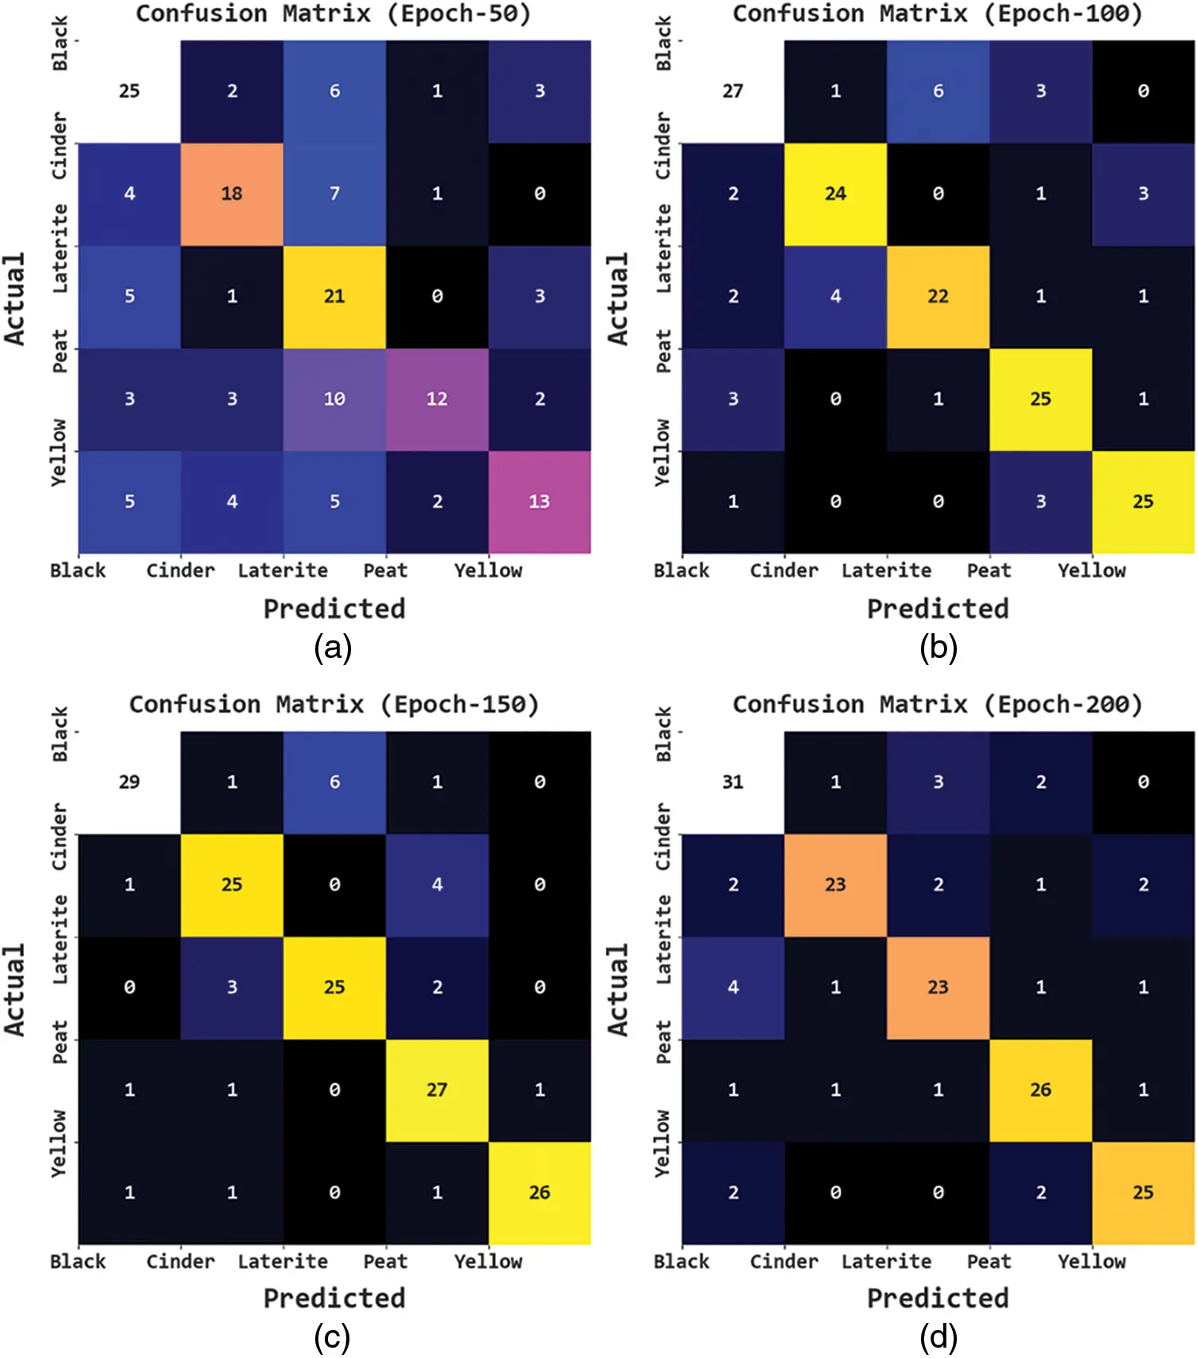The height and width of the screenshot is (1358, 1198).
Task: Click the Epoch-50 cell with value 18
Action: click(232, 194)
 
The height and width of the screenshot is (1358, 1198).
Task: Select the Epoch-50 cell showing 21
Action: click(334, 296)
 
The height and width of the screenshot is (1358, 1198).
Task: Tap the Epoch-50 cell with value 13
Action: click(540, 502)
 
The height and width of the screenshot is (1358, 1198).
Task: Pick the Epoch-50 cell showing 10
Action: click(334, 399)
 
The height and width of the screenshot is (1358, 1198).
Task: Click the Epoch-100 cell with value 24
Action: click(835, 194)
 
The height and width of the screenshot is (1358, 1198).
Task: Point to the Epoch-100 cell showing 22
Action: click(938, 296)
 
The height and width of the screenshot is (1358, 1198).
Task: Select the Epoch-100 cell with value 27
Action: click(732, 91)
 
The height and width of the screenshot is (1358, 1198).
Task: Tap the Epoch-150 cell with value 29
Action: click(129, 782)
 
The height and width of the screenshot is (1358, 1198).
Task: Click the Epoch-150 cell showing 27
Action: click(437, 1090)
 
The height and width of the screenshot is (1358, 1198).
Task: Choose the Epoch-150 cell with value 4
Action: click(437, 885)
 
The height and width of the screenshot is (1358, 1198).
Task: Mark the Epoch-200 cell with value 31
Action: click(732, 782)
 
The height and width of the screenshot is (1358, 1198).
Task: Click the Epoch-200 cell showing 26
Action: click(1040, 1090)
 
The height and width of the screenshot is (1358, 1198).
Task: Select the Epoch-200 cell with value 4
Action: click(732, 988)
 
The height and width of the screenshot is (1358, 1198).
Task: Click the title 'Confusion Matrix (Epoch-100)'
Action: click(937, 14)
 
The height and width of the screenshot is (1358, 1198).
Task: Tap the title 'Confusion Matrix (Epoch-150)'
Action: click(334, 704)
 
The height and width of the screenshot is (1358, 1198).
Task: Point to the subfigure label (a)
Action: click(333, 648)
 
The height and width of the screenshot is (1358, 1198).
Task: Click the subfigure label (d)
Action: click(938, 1338)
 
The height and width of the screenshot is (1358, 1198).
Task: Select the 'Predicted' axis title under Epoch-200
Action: click(938, 1298)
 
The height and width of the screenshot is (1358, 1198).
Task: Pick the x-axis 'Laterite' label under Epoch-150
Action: click(283, 1262)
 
